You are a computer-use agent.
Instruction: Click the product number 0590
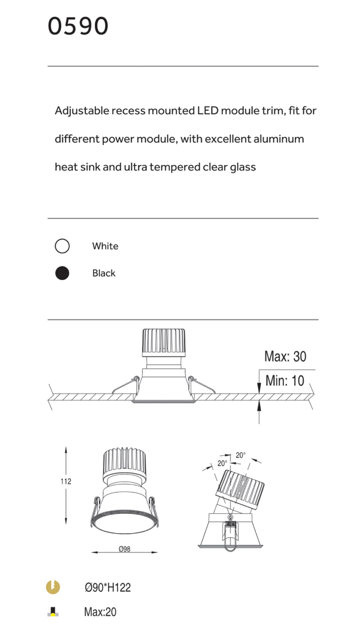78,27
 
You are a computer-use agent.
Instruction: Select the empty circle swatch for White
62,246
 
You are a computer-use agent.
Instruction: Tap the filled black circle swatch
62,273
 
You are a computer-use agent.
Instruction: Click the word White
105,246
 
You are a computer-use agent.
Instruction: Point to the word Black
104,273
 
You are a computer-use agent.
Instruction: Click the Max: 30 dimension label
285,357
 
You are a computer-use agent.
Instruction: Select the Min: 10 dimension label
285,380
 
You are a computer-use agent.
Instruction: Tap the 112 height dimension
66,481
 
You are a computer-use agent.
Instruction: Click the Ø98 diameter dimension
125,549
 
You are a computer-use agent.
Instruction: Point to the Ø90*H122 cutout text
107,588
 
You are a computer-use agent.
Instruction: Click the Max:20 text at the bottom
100,612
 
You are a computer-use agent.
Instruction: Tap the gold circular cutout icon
53,587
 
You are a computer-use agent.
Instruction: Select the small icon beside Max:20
53,612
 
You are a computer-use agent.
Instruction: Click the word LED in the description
208,111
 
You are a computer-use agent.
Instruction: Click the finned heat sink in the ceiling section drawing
163,342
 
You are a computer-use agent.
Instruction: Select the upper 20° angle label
240,455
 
